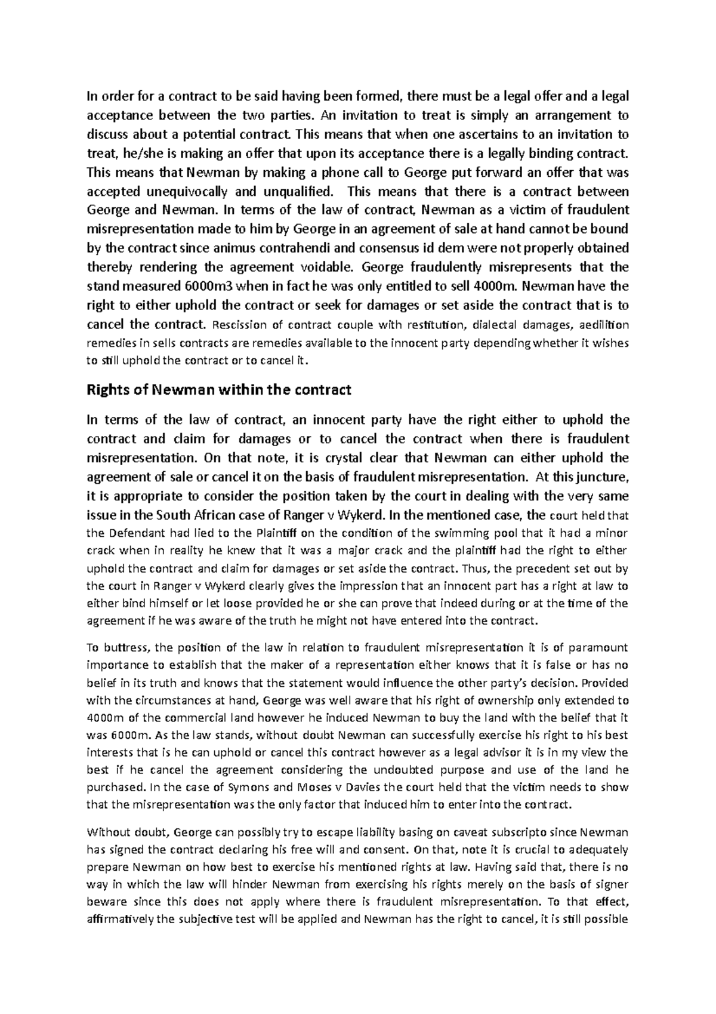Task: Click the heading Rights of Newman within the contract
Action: [x=219, y=391]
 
